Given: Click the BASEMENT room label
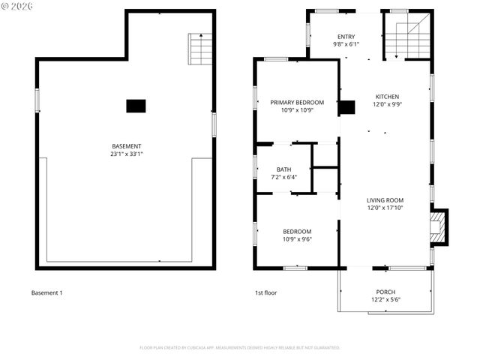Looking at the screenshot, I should pos(126,146).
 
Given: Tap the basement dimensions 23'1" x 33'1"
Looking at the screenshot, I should pos(126,154).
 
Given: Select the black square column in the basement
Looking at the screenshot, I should pos(136,106).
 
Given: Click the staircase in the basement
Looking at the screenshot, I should pos(200,49).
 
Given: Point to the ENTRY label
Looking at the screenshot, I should pos(346,37).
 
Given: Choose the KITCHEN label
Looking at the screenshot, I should pos(387,97).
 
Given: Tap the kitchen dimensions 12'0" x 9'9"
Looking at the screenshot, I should pos(387,104).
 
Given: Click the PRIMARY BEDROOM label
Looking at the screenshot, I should pos(297,103).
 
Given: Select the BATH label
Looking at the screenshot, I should pos(283,169).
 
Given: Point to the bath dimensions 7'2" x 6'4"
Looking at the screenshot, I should pos(283,177).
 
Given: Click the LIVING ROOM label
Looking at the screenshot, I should pos(385,200).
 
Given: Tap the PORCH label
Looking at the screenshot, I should pos(385,292).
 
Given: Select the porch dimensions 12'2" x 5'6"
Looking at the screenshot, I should pos(385,299).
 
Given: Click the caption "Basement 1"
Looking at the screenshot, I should pos(46,292).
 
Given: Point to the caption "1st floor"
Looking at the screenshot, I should pos(265,292).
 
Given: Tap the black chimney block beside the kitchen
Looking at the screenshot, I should pos(346,107).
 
